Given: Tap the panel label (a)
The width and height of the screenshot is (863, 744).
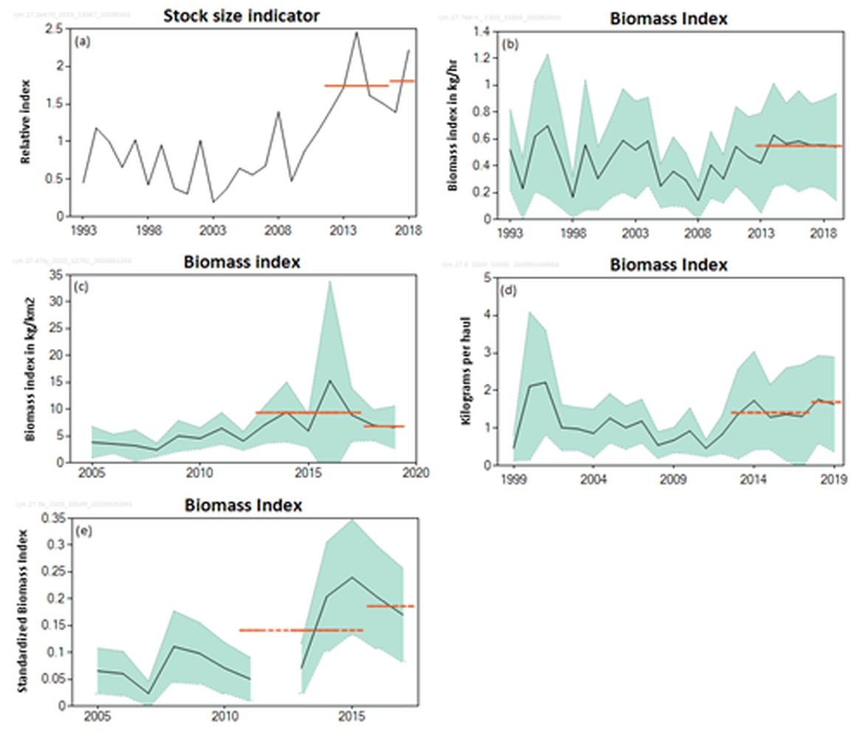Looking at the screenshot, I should coord(83,42).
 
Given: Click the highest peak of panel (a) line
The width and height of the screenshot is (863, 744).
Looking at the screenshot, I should coord(357,32).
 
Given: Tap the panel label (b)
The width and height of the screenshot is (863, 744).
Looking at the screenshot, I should coord(510,44).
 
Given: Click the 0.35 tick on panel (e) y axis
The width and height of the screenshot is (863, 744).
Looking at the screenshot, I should coord(50,518).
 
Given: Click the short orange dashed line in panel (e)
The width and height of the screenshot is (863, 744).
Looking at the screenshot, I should coord(391,606).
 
